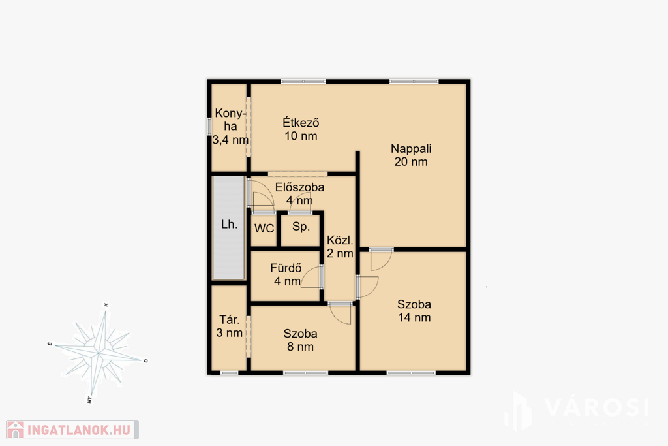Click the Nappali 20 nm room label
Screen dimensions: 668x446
point(411,155)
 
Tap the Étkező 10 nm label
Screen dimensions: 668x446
point(301,129)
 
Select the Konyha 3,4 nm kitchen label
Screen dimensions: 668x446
point(230,126)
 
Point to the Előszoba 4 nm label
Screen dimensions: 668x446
point(299,193)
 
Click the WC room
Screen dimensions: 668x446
point(264,229)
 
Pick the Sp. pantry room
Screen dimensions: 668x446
point(301,229)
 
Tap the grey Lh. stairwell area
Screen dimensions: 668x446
point(229,228)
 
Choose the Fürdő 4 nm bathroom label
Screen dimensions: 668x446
point(286,275)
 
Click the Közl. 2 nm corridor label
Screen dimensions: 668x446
point(340,247)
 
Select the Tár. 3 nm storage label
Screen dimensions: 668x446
point(229,327)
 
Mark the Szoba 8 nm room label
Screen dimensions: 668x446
point(300,340)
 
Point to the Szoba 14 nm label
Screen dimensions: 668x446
point(414,311)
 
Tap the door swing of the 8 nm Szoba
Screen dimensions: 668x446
point(341,313)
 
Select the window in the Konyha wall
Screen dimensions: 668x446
point(209,127)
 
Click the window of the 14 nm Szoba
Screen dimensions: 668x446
point(411,373)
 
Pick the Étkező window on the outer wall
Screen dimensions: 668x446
point(303,81)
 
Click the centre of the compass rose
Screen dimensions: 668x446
point(98,353)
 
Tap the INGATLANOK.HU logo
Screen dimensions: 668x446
point(72,430)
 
